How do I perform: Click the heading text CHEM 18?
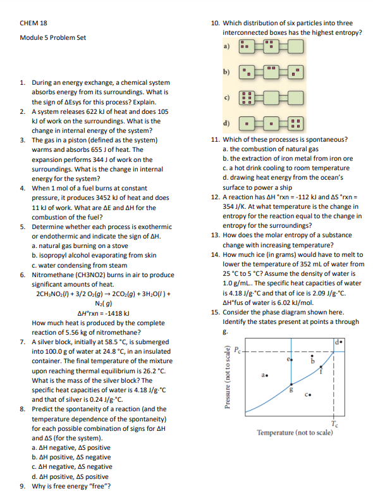click(x=34, y=23)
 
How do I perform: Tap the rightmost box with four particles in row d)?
click(x=295, y=121)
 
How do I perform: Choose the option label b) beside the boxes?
click(x=226, y=71)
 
